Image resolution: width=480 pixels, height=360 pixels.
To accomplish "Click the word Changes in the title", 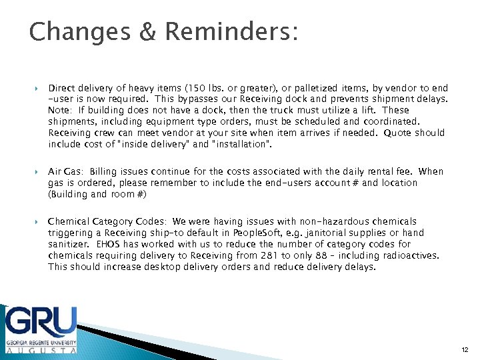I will pyautogui.click(x=71, y=32).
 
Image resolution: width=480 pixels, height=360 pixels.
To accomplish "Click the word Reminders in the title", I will pyautogui.click(x=227, y=31).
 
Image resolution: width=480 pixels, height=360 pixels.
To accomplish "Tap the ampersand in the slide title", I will pyautogui.click(x=141, y=31).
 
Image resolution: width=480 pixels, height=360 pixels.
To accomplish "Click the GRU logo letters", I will pyautogui.click(x=41, y=322).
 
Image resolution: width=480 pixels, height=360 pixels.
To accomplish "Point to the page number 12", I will pyautogui.click(x=465, y=350).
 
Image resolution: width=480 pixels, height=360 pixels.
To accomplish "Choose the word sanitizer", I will pyautogui.click(x=69, y=244).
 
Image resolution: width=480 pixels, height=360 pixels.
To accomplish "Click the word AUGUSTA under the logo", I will pyautogui.click(x=41, y=349).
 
